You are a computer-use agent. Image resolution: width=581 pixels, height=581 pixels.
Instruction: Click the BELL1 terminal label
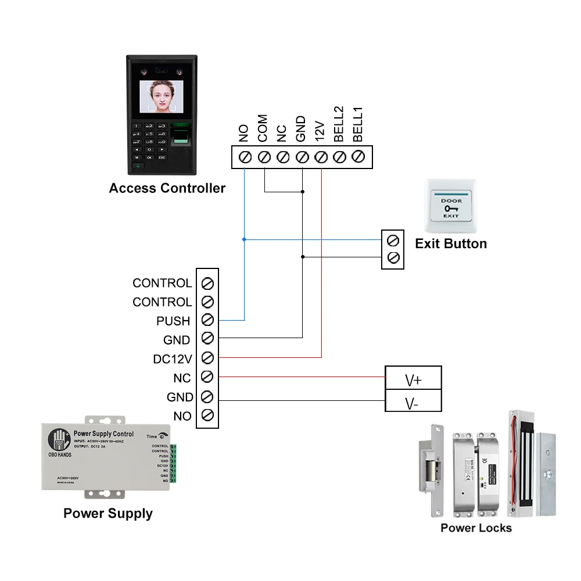[x=358, y=124]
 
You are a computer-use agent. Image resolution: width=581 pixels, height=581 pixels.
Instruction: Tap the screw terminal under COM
[x=264, y=157]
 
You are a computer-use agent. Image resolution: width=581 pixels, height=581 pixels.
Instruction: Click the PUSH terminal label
[x=173, y=321]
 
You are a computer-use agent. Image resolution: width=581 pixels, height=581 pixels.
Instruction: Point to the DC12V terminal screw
[x=207, y=358]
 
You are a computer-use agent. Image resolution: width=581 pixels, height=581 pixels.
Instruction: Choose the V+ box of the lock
[x=413, y=379]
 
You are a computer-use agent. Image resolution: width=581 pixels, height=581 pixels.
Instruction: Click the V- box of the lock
[x=413, y=401]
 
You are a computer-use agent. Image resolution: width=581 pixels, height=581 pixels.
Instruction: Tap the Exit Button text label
[x=451, y=243]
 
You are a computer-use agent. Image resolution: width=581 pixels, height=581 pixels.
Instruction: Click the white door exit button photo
[x=451, y=206]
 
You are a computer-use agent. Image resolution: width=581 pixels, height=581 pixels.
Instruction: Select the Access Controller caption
[x=167, y=188]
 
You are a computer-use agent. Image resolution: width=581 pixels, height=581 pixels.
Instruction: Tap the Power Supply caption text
[x=108, y=514]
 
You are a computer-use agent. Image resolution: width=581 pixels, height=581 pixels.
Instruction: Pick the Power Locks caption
[x=476, y=528]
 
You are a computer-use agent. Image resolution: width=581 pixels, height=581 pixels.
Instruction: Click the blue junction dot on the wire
[x=245, y=239]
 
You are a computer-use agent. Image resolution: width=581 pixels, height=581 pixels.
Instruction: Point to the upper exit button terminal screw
[x=393, y=239]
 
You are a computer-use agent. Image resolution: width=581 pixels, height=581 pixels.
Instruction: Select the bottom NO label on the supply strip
[x=182, y=416]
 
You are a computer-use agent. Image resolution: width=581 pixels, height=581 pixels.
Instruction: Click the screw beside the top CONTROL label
[x=207, y=283]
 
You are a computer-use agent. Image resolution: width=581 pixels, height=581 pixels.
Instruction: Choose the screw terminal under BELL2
[x=340, y=157]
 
